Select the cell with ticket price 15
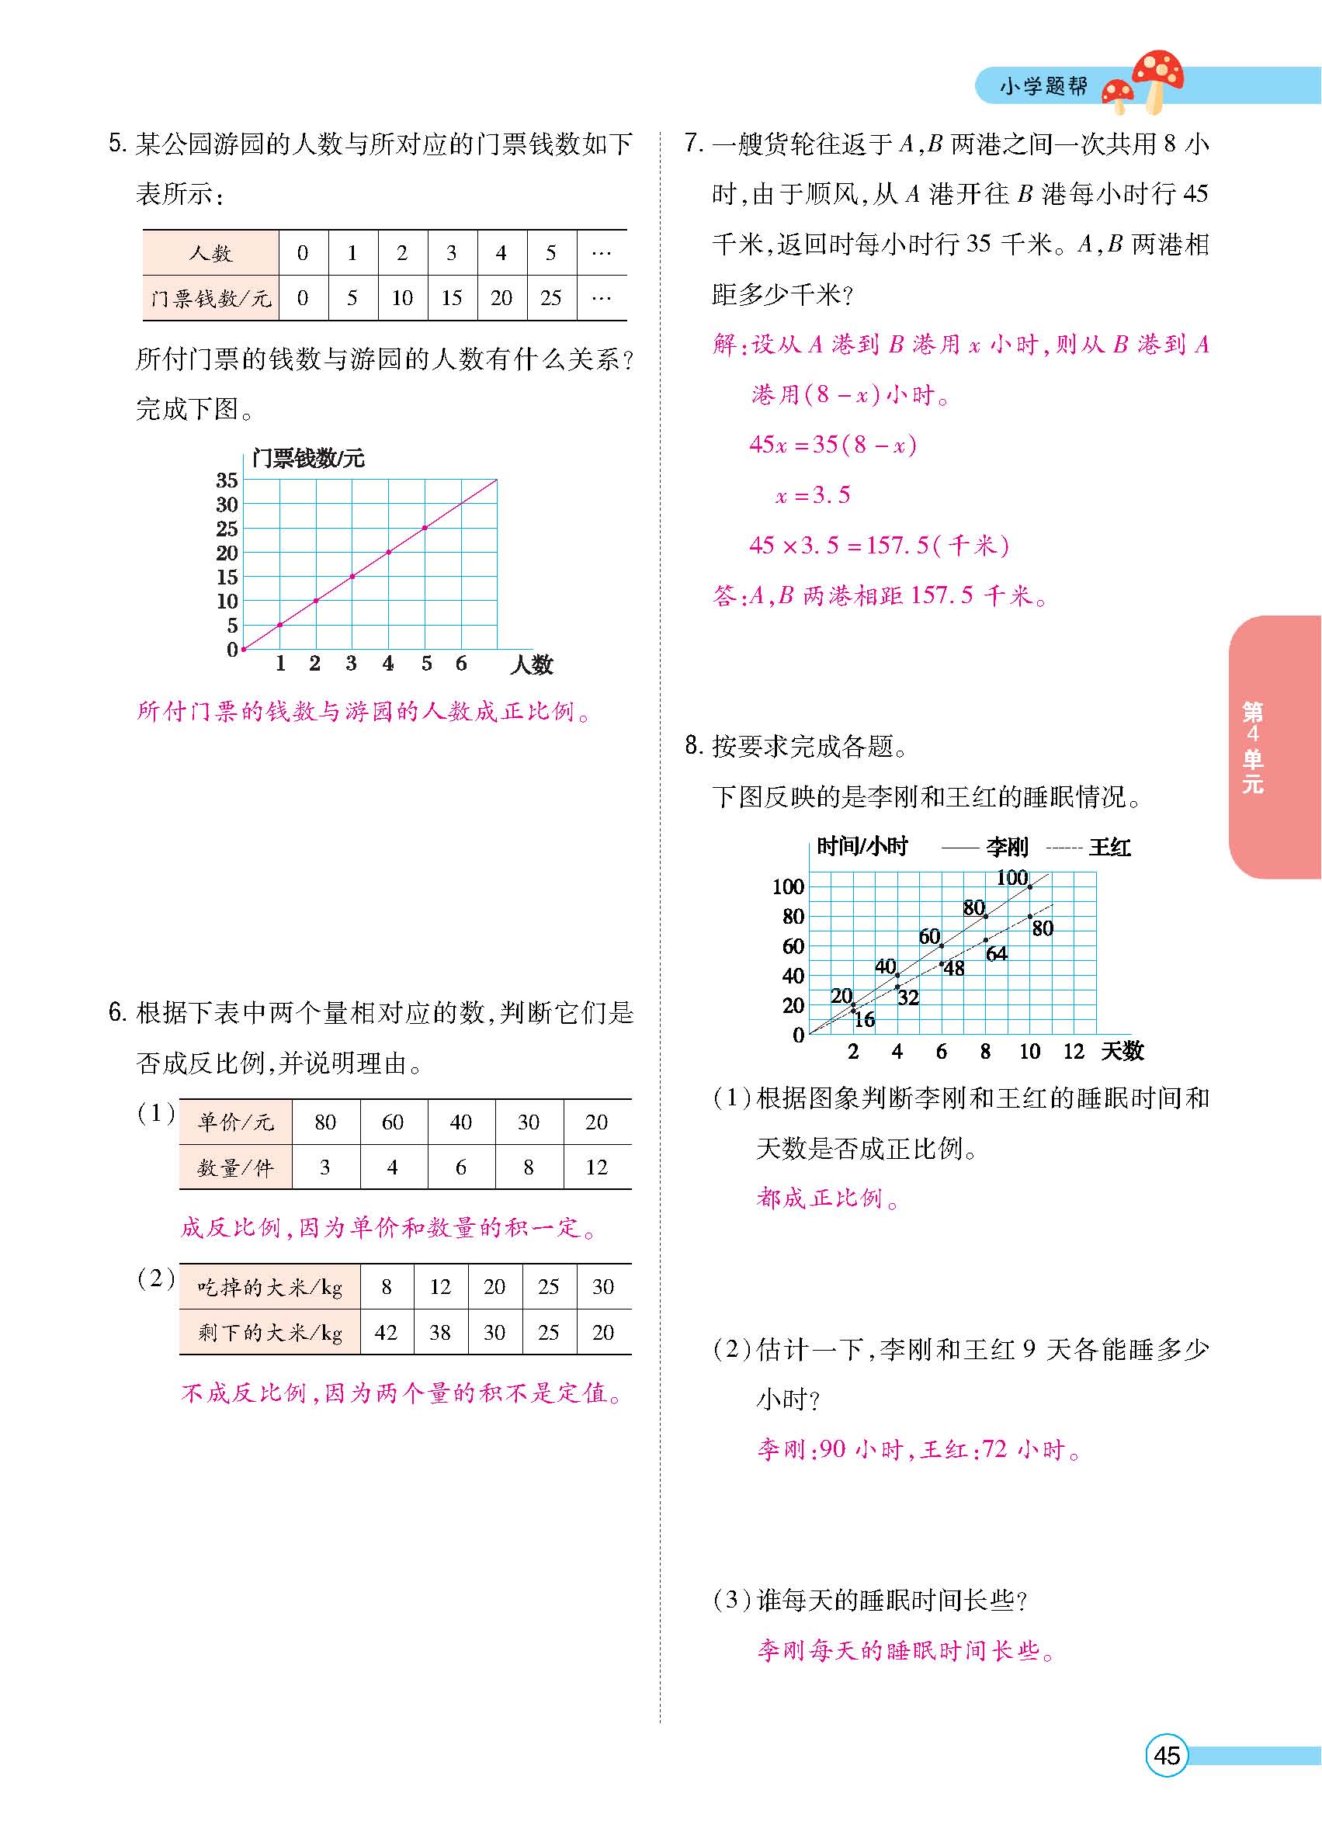pos(452,298)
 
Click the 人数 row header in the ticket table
pos(210,253)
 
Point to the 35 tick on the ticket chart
pos(227,480)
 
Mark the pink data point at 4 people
pos(388,552)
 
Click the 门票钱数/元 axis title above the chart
pos(308,459)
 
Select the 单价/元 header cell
pos(235,1122)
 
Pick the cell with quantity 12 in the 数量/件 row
pos(596,1167)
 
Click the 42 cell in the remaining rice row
pos(386,1332)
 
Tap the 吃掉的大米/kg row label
pos(269,1286)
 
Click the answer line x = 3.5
pos(812,495)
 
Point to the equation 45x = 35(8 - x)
pos(832,444)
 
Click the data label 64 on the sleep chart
pos(997,954)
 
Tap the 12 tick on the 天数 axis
pos(1073,1051)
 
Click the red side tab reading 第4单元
pos(1252,746)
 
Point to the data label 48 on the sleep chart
pos(955,969)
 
